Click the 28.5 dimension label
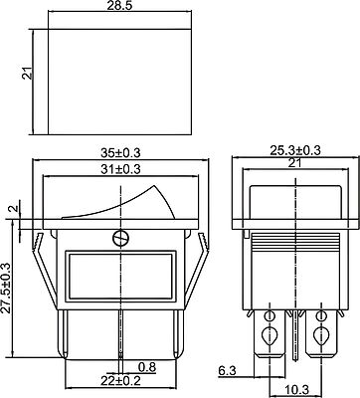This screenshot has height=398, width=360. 120,7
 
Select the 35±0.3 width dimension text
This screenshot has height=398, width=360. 120,153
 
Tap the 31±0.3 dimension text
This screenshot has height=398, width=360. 120,169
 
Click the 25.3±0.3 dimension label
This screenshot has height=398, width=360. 295,150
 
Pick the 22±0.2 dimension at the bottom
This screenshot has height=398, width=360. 120,380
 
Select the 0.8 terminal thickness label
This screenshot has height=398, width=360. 147,367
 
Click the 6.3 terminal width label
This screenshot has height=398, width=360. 227,370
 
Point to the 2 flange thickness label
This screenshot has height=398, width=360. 14,209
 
